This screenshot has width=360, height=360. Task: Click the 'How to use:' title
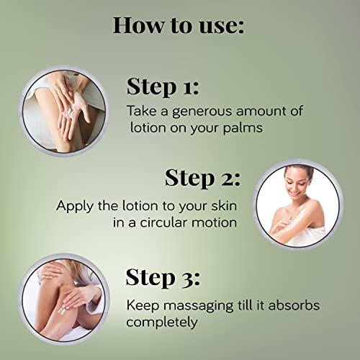pos(179,25)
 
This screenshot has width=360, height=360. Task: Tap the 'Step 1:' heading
pos(163,87)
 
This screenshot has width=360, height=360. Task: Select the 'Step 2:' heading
pos(202,179)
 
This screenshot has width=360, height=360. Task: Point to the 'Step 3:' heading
pos(163,278)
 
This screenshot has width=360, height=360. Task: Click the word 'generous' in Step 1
pos(202,112)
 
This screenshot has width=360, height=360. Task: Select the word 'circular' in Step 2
pos(163,222)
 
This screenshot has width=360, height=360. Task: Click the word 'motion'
pos(214,222)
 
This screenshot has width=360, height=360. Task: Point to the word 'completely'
pos(162,323)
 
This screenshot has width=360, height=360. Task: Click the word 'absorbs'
pos(294,305)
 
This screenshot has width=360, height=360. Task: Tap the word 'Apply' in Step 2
pos(74,207)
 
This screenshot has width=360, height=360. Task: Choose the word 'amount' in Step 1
pos(258,112)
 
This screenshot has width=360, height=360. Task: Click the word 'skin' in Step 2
pos(224,206)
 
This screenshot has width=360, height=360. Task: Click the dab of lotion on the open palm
pos(70,111)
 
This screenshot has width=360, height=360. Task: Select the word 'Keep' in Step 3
pos(143,306)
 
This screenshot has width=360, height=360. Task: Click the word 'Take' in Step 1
pos(142,111)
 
